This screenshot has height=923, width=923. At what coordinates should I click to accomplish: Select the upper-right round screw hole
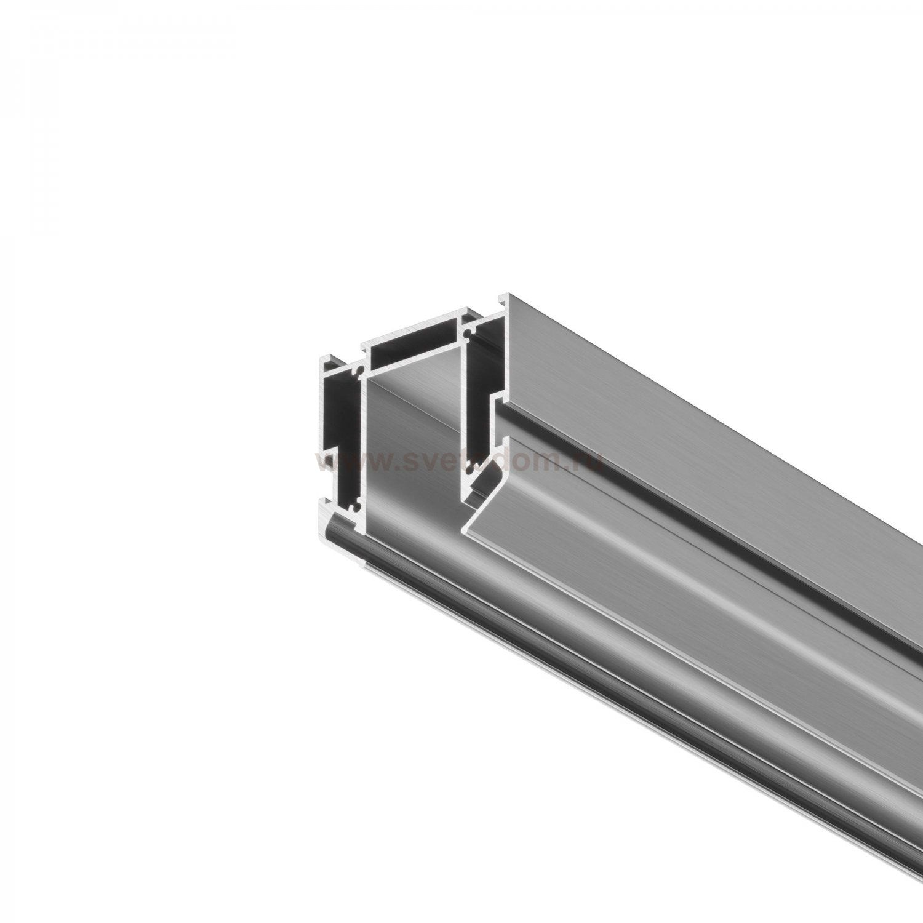pyautogui.click(x=469, y=334)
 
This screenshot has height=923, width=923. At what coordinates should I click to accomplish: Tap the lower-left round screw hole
pyautogui.click(x=355, y=507)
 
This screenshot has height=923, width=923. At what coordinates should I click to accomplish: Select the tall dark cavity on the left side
pyautogui.click(x=341, y=418)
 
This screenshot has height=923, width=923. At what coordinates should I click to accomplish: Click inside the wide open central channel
pyautogui.click(x=412, y=443)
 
